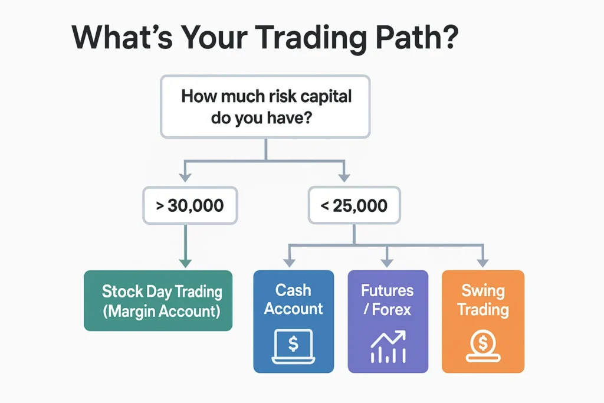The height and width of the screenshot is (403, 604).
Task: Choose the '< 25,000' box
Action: [354, 206]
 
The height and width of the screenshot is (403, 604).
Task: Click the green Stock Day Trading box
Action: [158, 300]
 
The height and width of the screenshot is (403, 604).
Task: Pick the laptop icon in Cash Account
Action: [293, 345]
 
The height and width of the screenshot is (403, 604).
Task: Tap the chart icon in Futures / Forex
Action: [388, 346]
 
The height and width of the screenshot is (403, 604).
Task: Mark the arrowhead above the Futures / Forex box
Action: [387, 261]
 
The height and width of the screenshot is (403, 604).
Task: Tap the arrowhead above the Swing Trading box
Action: [482, 261]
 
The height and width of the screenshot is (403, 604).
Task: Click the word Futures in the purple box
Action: [388, 291]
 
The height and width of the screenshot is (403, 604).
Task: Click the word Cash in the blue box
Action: [293, 290]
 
